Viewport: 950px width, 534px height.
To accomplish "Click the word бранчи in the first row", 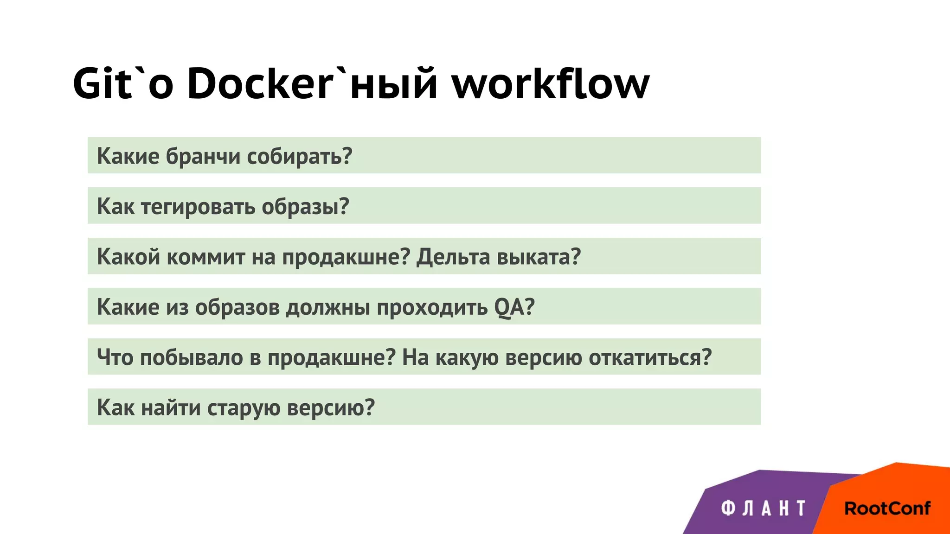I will click(x=203, y=156).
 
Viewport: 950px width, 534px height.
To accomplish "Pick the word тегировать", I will click(x=198, y=207).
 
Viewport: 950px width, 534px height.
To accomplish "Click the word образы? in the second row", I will click(x=305, y=207).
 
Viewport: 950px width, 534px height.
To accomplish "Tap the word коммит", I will click(x=205, y=257).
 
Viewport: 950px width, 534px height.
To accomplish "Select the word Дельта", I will click(x=453, y=257).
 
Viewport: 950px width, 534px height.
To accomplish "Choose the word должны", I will click(x=327, y=307).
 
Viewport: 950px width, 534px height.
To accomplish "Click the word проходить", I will click(x=432, y=307).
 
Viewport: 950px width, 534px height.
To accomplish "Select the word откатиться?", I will click(x=650, y=357).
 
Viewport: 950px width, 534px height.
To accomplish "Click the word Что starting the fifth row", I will click(x=115, y=357).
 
